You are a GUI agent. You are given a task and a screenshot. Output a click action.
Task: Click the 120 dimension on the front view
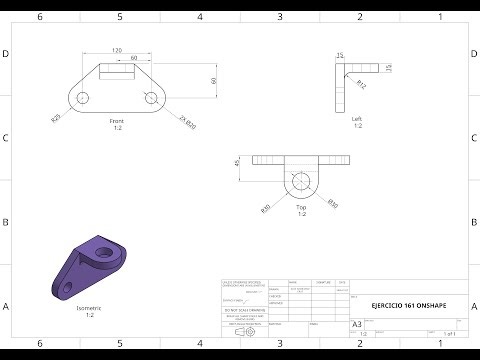point(118,49)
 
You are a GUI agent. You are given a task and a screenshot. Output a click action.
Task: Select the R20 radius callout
point(58,118)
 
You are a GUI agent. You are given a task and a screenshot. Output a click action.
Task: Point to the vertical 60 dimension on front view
point(213,80)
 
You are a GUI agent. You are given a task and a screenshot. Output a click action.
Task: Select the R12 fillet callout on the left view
point(361,87)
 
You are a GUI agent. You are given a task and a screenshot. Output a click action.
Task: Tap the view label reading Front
point(118,120)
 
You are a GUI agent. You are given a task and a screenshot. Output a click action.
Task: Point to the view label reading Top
point(301,206)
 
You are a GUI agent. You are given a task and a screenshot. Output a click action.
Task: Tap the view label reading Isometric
point(89,308)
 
